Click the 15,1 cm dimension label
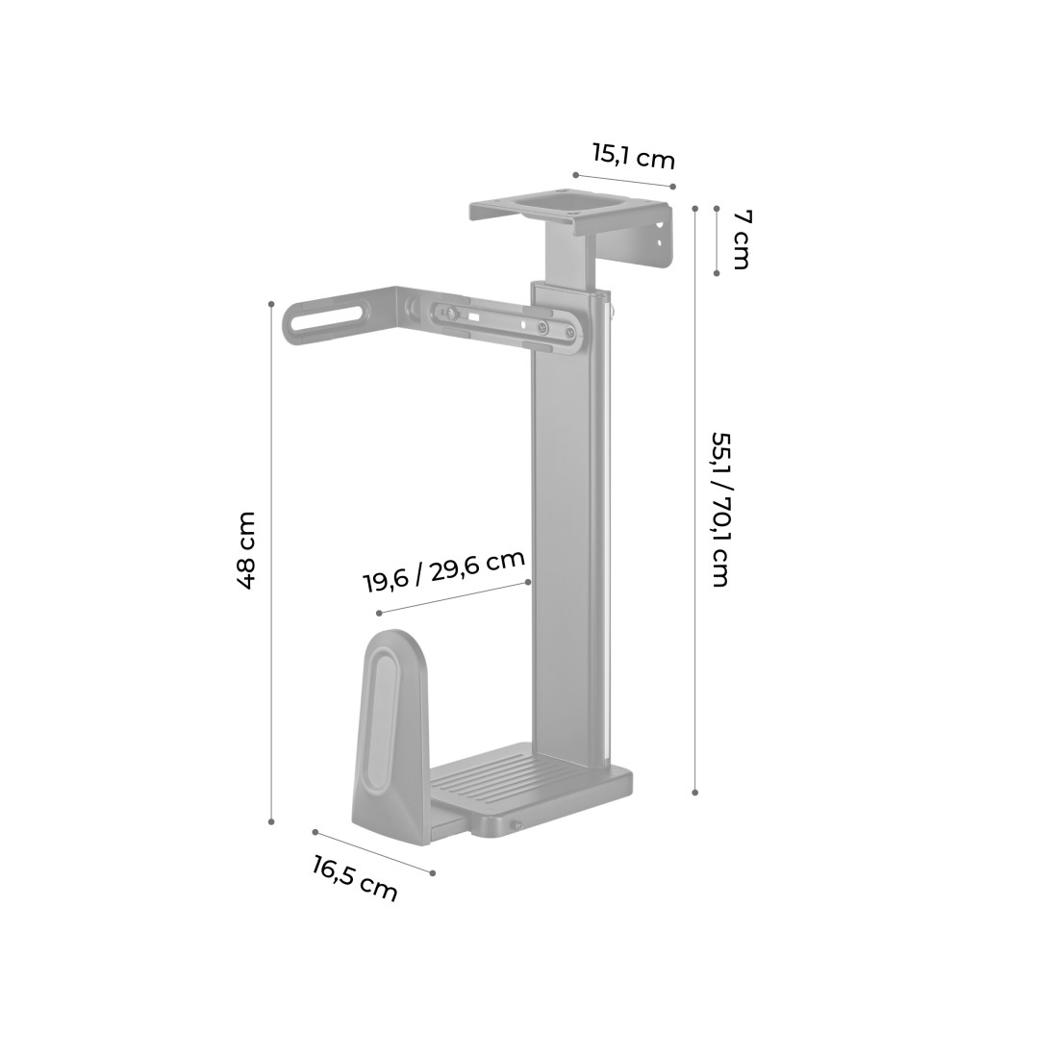point(634,157)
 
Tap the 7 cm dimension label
point(741,240)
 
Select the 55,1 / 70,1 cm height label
point(720,510)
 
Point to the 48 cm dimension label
point(246,550)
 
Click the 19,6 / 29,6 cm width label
point(444,571)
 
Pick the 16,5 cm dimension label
point(354,878)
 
